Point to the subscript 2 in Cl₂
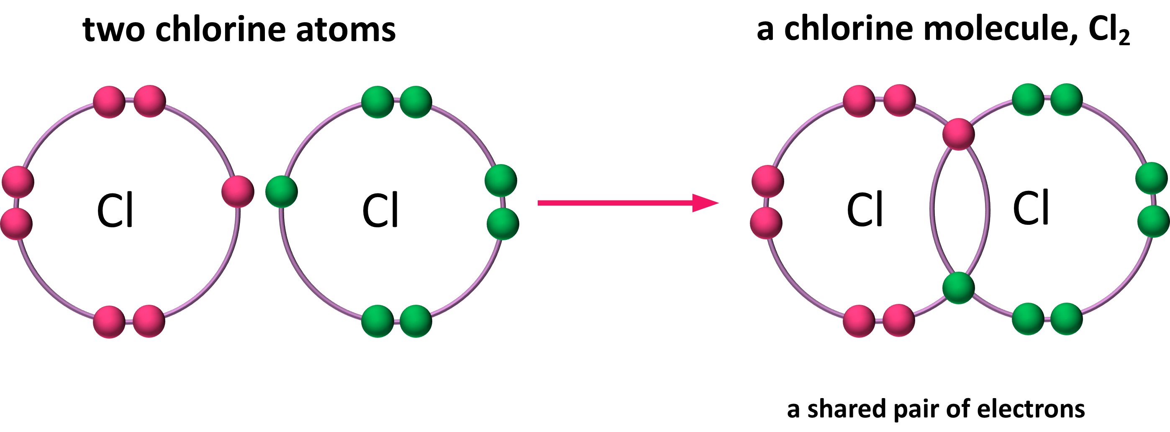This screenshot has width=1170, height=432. (1124, 38)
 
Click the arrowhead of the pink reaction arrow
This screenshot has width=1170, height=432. (705, 203)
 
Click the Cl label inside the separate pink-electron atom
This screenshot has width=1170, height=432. (115, 210)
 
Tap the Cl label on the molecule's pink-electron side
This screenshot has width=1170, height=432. (865, 209)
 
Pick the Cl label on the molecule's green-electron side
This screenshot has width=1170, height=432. (1031, 208)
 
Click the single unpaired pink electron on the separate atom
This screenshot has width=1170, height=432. (238, 191)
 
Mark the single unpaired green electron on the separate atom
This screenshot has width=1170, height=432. (282, 192)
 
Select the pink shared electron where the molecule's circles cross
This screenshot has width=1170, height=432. (958, 134)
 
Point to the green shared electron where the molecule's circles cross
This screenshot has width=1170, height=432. (958, 288)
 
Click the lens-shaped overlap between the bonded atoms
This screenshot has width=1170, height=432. (959, 210)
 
